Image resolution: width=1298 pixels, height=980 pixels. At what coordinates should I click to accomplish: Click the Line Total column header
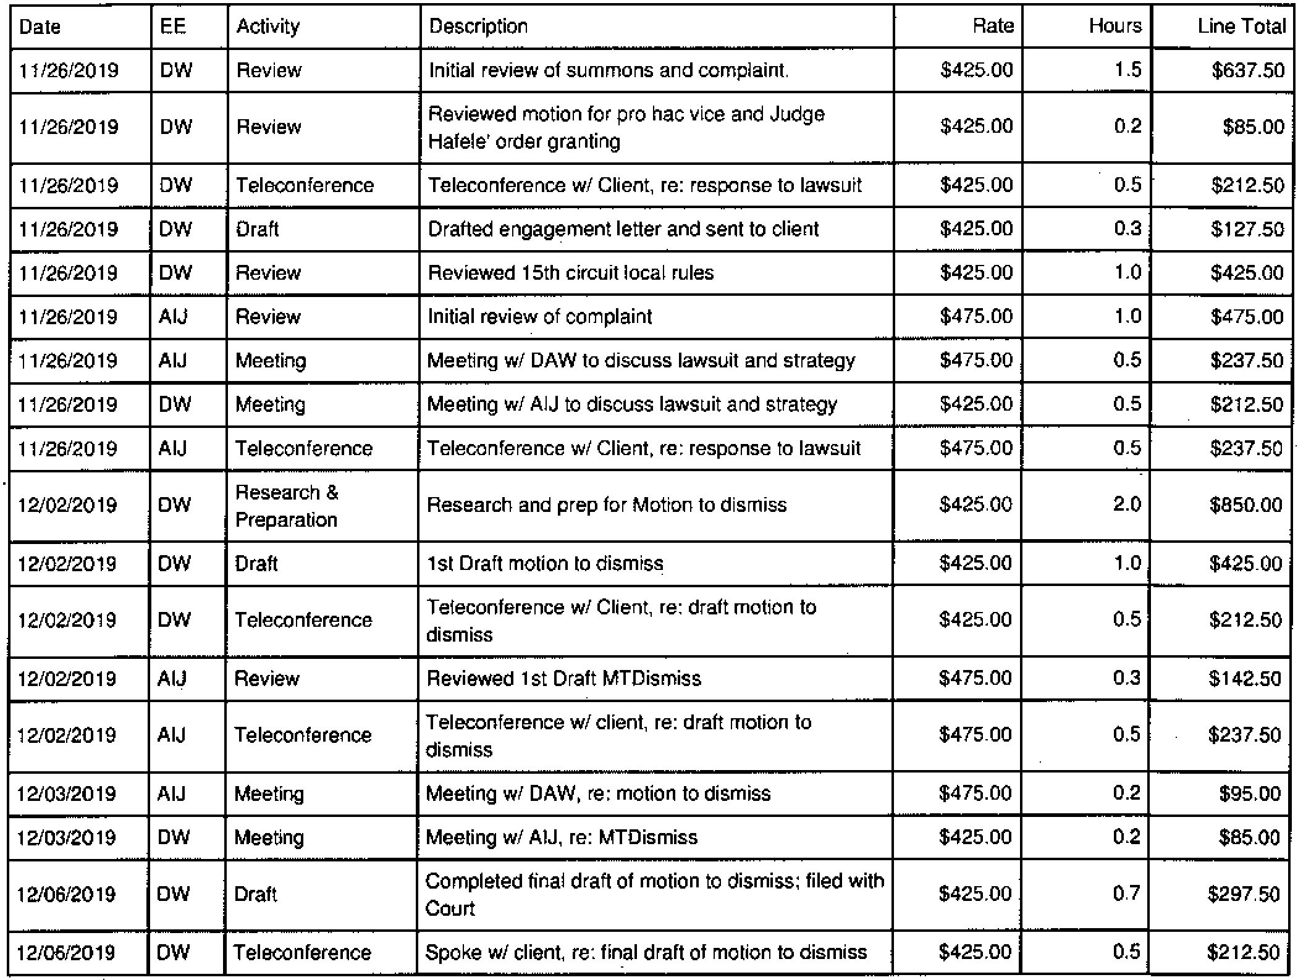point(1241,27)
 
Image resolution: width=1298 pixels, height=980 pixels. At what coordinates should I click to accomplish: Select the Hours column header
point(1115,26)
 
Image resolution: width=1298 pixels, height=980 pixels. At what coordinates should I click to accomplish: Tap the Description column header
point(478,27)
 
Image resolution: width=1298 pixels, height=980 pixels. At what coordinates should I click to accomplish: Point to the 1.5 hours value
point(1127,70)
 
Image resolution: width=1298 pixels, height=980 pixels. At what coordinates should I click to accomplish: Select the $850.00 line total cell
point(1245,505)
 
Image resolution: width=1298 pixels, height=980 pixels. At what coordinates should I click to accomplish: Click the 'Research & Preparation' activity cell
point(287,506)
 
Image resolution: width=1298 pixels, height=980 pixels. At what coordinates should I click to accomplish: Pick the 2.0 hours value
point(1126,505)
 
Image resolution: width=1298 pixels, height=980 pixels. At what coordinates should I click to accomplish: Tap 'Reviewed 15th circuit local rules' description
point(571,273)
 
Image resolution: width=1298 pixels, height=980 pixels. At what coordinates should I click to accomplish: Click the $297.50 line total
point(1244,894)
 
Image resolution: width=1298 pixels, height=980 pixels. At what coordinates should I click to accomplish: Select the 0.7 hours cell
point(1126,894)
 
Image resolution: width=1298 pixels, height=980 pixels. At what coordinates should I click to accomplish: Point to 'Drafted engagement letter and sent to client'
point(623,230)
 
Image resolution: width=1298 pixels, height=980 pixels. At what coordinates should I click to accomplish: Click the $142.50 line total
point(1245,679)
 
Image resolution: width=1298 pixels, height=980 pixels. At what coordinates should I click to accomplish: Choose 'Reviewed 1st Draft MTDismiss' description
point(564,679)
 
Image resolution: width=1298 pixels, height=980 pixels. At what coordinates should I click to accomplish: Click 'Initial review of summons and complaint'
point(608,70)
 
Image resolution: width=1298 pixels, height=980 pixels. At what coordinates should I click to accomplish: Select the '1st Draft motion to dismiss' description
point(545,564)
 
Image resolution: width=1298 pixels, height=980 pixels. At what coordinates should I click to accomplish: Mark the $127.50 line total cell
point(1247,230)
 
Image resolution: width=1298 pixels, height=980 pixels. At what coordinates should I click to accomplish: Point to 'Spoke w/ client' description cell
point(646,952)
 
